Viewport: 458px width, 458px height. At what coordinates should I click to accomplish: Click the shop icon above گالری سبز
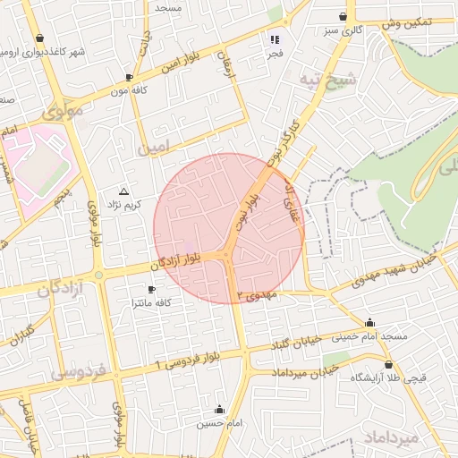[343, 17]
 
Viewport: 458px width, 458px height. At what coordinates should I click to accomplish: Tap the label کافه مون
[129, 90]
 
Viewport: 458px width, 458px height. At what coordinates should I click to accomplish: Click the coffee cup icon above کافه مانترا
[150, 289]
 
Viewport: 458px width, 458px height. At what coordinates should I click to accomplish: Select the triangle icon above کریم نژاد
[123, 191]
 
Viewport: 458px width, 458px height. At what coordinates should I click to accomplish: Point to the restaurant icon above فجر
[275, 39]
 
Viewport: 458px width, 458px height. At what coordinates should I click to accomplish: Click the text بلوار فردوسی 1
[187, 360]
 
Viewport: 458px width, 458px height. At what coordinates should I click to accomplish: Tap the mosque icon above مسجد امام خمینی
[370, 323]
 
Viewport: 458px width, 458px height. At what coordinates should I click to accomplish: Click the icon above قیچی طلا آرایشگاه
[388, 364]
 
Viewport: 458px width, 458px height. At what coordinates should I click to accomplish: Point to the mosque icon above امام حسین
[219, 409]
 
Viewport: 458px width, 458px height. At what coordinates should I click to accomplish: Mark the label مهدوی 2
[259, 295]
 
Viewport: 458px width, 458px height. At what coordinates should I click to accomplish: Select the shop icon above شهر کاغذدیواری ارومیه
[40, 38]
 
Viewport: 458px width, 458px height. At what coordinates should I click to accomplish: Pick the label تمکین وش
[405, 23]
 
